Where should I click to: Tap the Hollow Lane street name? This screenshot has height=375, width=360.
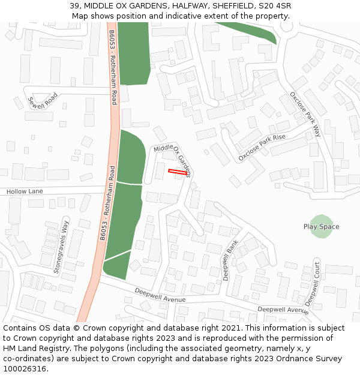coord(25,191)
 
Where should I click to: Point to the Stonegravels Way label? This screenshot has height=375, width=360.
coord(61,247)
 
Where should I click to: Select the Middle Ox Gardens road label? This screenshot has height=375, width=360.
coord(172,160)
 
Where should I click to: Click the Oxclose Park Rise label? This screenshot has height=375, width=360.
coord(262,148)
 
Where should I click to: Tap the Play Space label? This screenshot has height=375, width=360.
coord(321,227)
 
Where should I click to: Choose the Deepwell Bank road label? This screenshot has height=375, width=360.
coord(230,260)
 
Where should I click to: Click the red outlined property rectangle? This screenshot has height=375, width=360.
coord(177,172)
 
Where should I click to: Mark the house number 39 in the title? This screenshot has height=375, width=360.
coord(74,6)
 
